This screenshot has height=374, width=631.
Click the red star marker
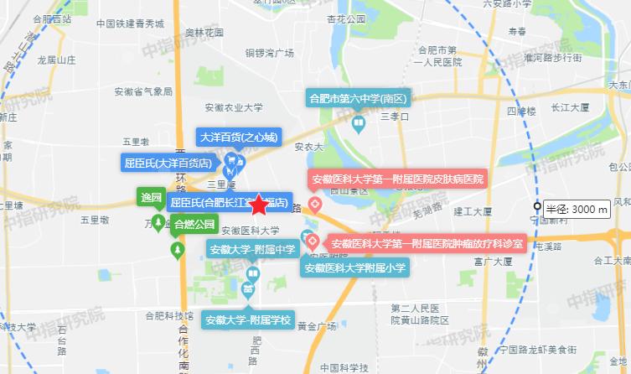tap(258, 205)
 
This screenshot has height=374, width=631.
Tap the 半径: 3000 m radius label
tap(574, 209)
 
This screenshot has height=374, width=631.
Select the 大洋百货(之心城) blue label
tap(237, 136)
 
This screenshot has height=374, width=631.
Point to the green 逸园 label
tap(151, 198)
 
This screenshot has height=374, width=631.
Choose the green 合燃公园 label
tap(194, 223)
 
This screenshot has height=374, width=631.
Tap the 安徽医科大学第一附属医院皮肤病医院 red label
tap(398, 179)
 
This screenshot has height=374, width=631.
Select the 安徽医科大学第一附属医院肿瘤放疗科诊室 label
tap(427, 244)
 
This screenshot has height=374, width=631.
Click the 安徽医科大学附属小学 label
tap(355, 268)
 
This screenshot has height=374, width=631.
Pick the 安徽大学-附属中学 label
tap(252, 248)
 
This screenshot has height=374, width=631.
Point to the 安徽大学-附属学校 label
tap(248, 319)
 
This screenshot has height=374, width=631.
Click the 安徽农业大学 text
tap(234, 107)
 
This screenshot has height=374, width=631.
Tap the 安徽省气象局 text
tap(142, 91)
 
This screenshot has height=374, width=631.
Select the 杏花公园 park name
tap(346, 41)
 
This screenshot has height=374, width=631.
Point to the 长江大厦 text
tap(571, 108)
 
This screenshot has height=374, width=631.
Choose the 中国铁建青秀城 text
tap(129, 24)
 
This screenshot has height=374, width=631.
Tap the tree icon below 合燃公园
tap(177, 251)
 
